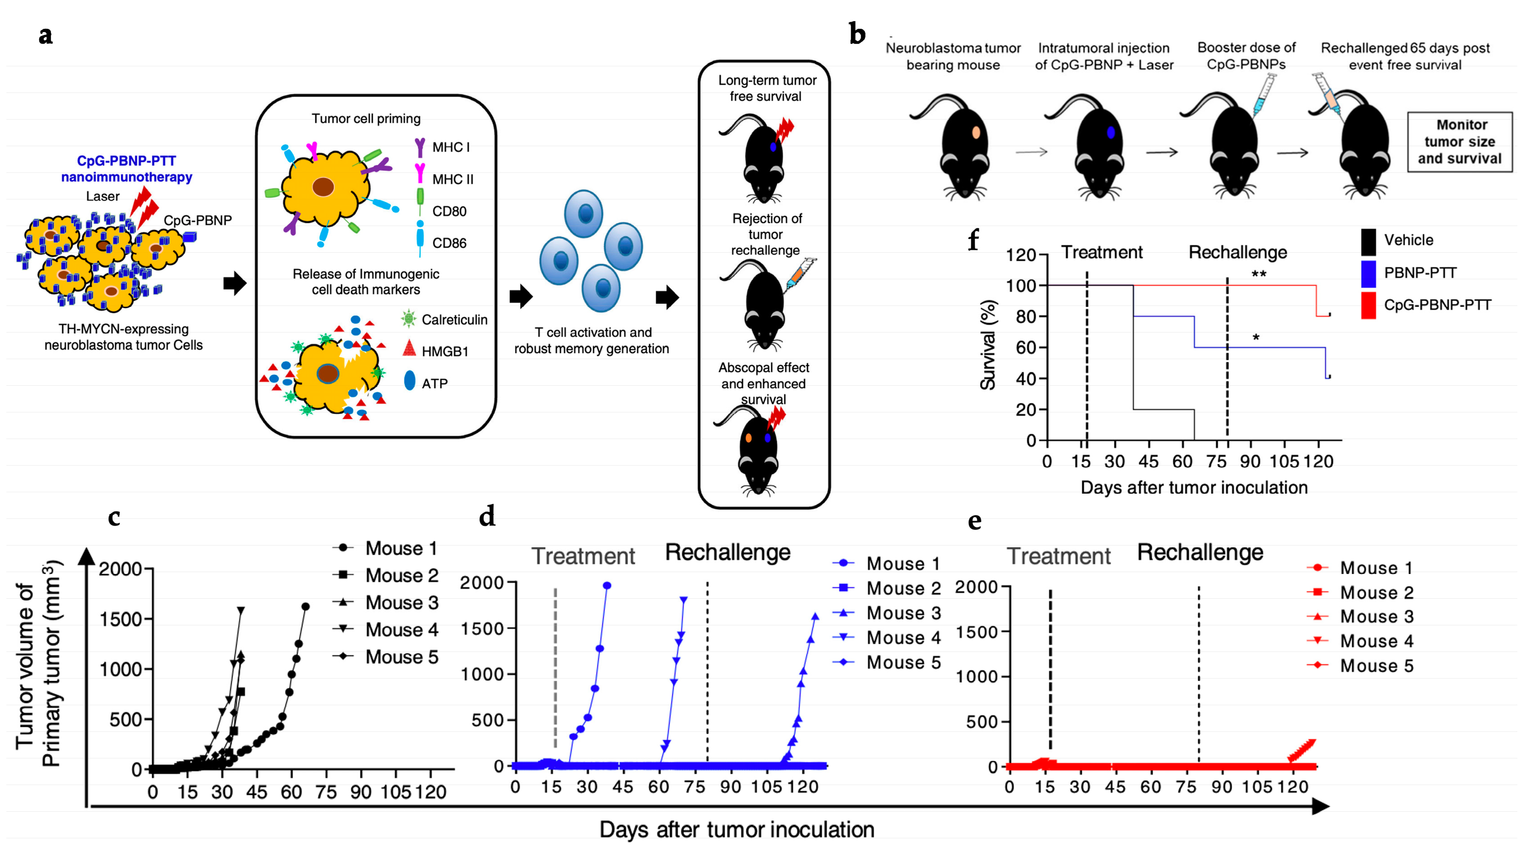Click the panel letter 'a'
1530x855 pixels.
click(x=45, y=36)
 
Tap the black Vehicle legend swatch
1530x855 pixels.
click(x=1368, y=241)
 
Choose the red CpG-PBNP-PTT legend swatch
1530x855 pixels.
click(x=1368, y=305)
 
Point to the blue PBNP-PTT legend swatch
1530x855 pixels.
click(x=1368, y=273)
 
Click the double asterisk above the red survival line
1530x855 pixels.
click(x=1259, y=274)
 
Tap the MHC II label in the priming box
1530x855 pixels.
click(x=453, y=179)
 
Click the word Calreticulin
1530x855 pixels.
click(x=454, y=320)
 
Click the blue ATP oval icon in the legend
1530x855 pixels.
click(x=410, y=381)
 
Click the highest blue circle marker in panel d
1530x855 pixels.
click(x=607, y=586)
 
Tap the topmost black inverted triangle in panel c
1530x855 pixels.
click(x=241, y=610)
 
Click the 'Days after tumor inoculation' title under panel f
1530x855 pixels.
click(x=1194, y=487)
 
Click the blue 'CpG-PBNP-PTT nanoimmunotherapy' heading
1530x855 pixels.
click(x=126, y=169)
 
